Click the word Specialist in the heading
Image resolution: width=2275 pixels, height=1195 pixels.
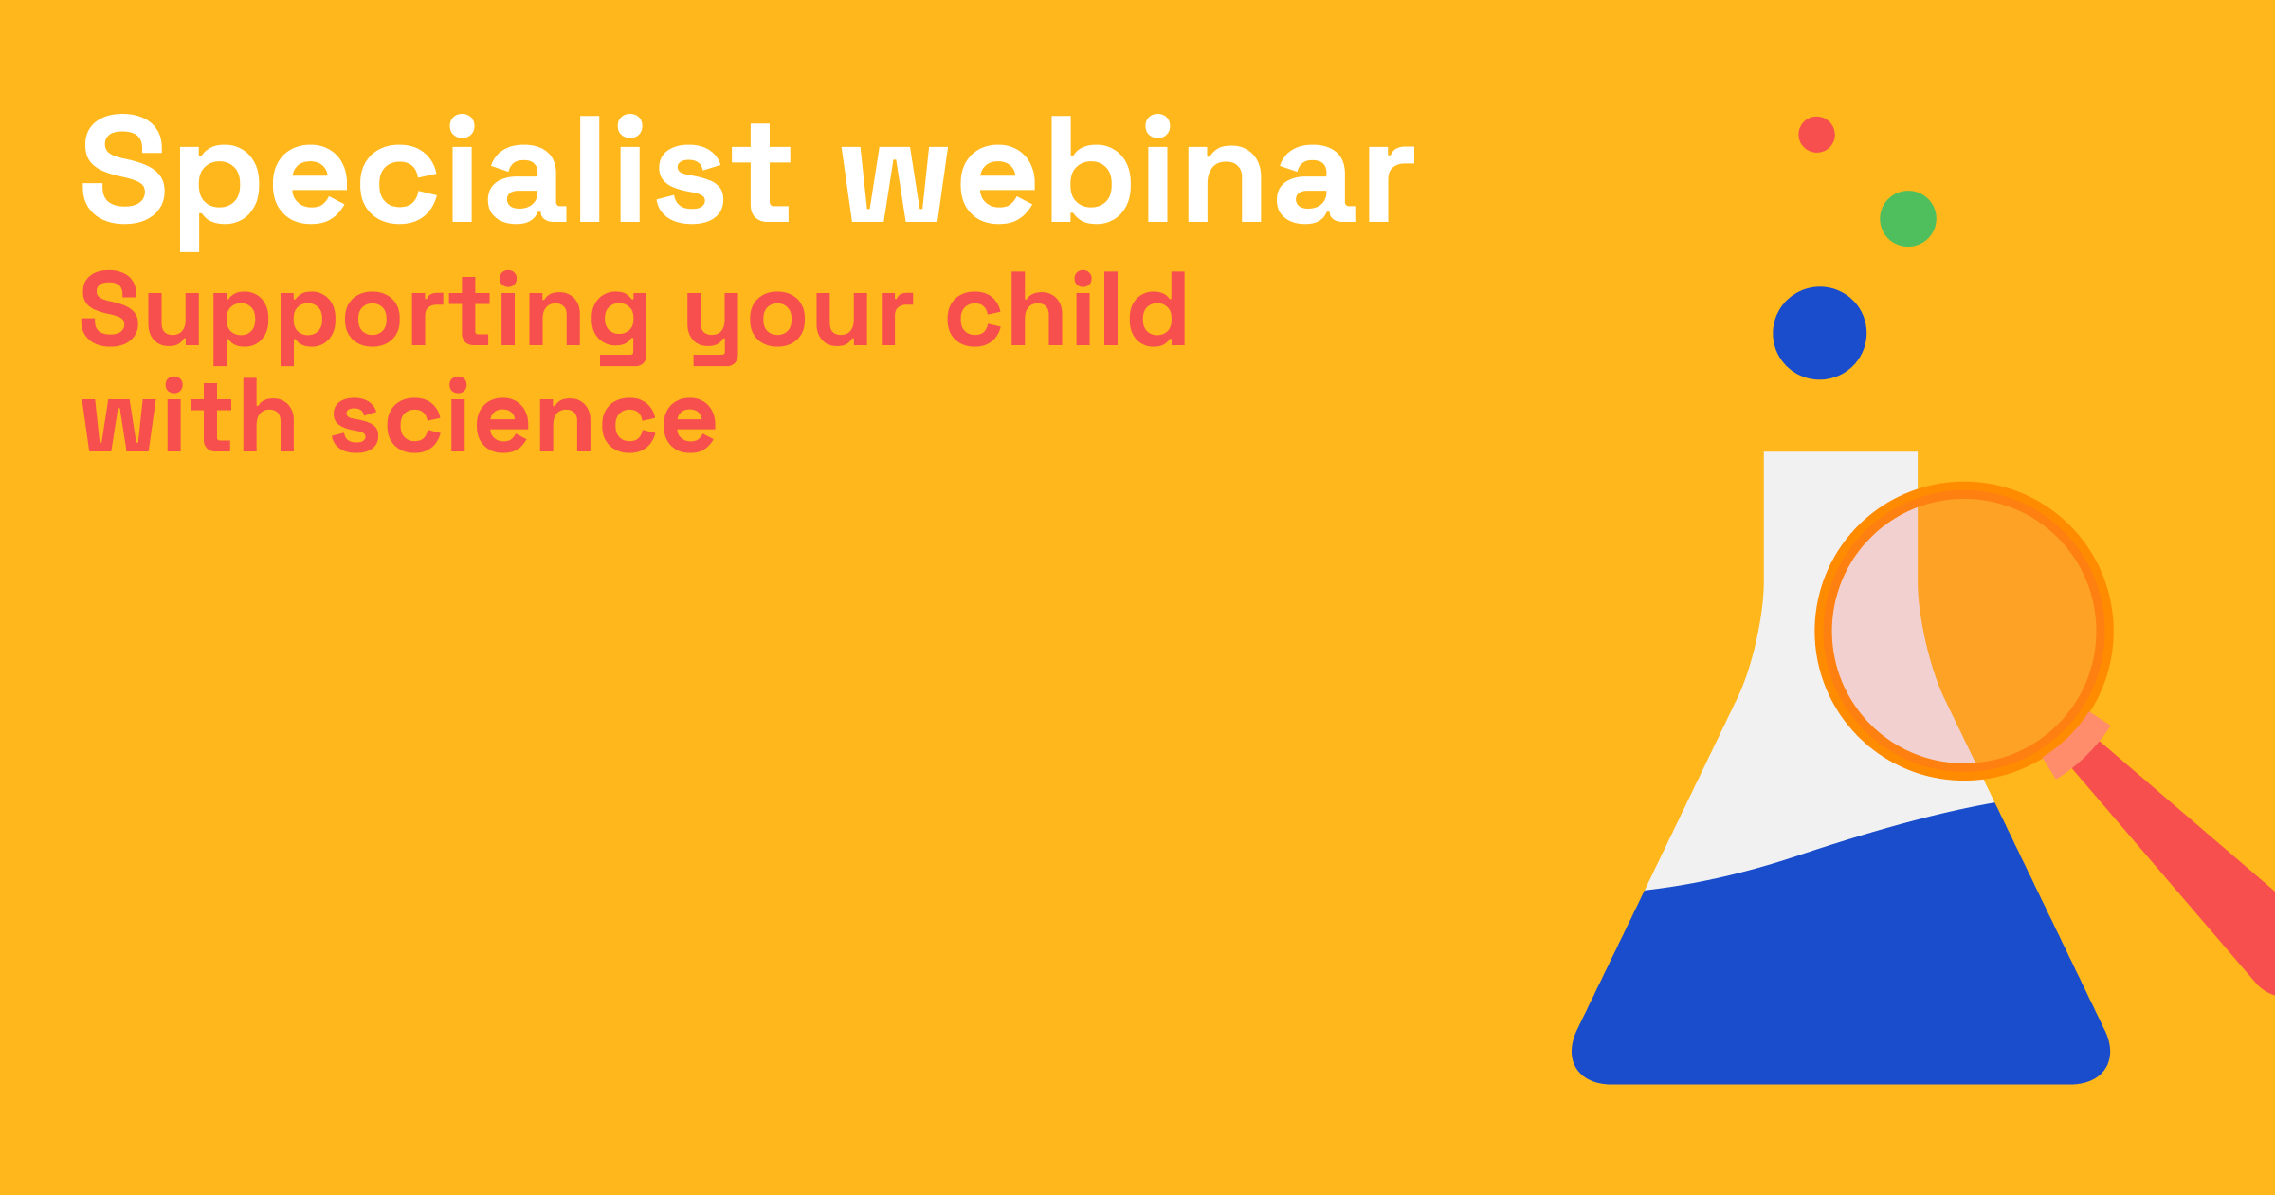coord(436,171)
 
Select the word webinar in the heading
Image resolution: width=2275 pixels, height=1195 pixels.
coord(1128,171)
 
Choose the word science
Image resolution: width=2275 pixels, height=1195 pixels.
coord(524,422)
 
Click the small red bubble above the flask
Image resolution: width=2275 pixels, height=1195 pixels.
coord(1816,135)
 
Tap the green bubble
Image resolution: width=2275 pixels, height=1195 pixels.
coord(1907,219)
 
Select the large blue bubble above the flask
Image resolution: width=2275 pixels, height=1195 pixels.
coord(1819,333)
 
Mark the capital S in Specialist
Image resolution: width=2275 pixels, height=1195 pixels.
coord(124,169)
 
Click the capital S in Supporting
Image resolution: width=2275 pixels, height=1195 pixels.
coord(110,309)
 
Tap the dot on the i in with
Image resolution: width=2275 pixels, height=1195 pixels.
coord(174,385)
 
